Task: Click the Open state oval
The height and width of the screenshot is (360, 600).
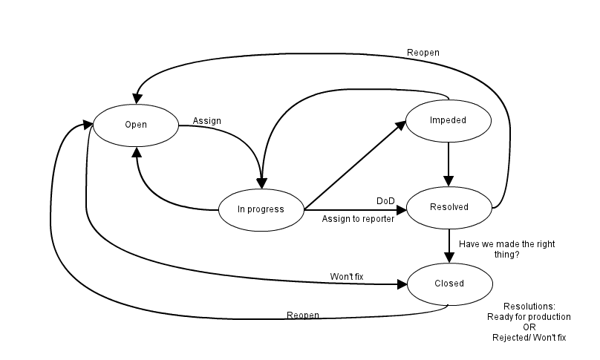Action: (x=136, y=125)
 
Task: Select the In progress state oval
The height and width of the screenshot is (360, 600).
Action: (x=261, y=209)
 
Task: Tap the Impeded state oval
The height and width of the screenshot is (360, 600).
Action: (x=448, y=120)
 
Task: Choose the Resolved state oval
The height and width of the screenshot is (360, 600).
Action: (x=449, y=207)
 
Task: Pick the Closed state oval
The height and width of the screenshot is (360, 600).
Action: (x=449, y=284)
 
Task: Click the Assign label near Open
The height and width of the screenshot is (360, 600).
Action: (x=206, y=120)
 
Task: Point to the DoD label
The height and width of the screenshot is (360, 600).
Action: (x=385, y=201)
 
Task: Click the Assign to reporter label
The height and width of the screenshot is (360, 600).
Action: (x=358, y=219)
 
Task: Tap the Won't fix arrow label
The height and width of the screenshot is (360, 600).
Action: (x=347, y=277)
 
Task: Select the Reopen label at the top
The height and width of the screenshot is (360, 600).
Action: (x=422, y=53)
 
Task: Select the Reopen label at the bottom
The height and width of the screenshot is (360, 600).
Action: (x=303, y=315)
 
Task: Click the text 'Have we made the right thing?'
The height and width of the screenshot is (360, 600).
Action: (x=507, y=249)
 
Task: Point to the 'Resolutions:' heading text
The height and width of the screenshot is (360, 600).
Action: (x=529, y=307)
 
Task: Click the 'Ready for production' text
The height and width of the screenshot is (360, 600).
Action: (x=529, y=317)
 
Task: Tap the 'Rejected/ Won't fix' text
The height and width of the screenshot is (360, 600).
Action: (x=529, y=338)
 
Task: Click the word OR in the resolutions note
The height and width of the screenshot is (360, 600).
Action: (x=529, y=327)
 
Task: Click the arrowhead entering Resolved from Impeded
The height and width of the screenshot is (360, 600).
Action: (x=449, y=181)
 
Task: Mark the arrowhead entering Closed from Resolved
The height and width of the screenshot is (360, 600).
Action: (x=449, y=258)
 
